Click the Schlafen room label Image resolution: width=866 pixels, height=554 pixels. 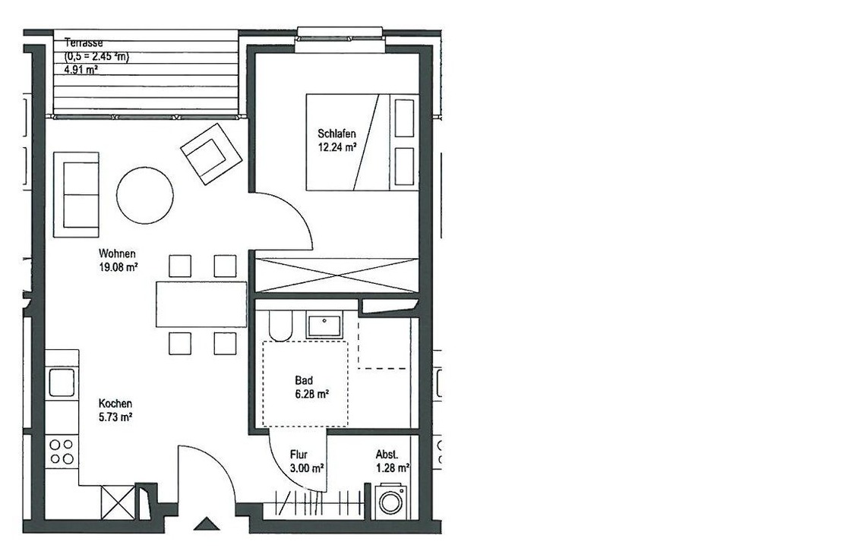[337, 134]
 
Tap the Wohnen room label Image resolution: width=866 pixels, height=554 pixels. [117, 253]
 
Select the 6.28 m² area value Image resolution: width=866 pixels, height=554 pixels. [312, 394]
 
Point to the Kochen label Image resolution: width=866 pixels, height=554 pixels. [115, 404]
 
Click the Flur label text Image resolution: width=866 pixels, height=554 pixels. [299, 455]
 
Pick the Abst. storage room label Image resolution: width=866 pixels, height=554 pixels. [387, 455]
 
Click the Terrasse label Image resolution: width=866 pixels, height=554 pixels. [84, 42]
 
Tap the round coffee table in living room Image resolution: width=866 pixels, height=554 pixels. [144, 195]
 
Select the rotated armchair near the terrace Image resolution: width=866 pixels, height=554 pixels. [211, 154]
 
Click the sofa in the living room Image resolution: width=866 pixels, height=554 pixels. [76, 195]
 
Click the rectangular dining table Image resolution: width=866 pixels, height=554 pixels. [201, 304]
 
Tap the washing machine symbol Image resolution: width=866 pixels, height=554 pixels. [391, 502]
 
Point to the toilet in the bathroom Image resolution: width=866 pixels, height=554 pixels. [280, 325]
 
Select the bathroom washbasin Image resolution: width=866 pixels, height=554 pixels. [325, 325]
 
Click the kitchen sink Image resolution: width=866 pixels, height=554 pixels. [62, 382]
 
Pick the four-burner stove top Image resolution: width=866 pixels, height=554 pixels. [62, 452]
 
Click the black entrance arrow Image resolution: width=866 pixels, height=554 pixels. [207, 524]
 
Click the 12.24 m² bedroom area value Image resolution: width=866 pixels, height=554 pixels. [337, 147]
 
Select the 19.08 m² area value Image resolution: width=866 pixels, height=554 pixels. [118, 268]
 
